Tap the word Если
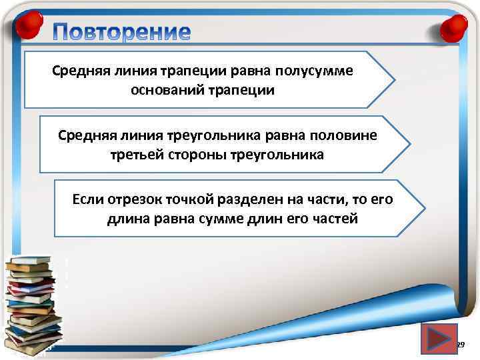click(86, 199)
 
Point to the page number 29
click(460, 344)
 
